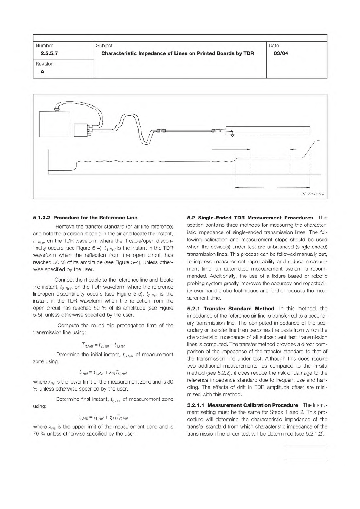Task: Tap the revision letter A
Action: (x=42, y=72)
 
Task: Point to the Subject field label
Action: (x=104, y=46)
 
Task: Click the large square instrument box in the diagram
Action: (x=55, y=124)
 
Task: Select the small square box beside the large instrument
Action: (x=80, y=130)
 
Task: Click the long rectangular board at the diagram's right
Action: (x=269, y=131)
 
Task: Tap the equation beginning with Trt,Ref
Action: (x=103, y=345)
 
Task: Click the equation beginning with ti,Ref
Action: (x=103, y=372)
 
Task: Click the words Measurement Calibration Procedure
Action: (x=253, y=405)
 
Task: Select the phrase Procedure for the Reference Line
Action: (x=96, y=218)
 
